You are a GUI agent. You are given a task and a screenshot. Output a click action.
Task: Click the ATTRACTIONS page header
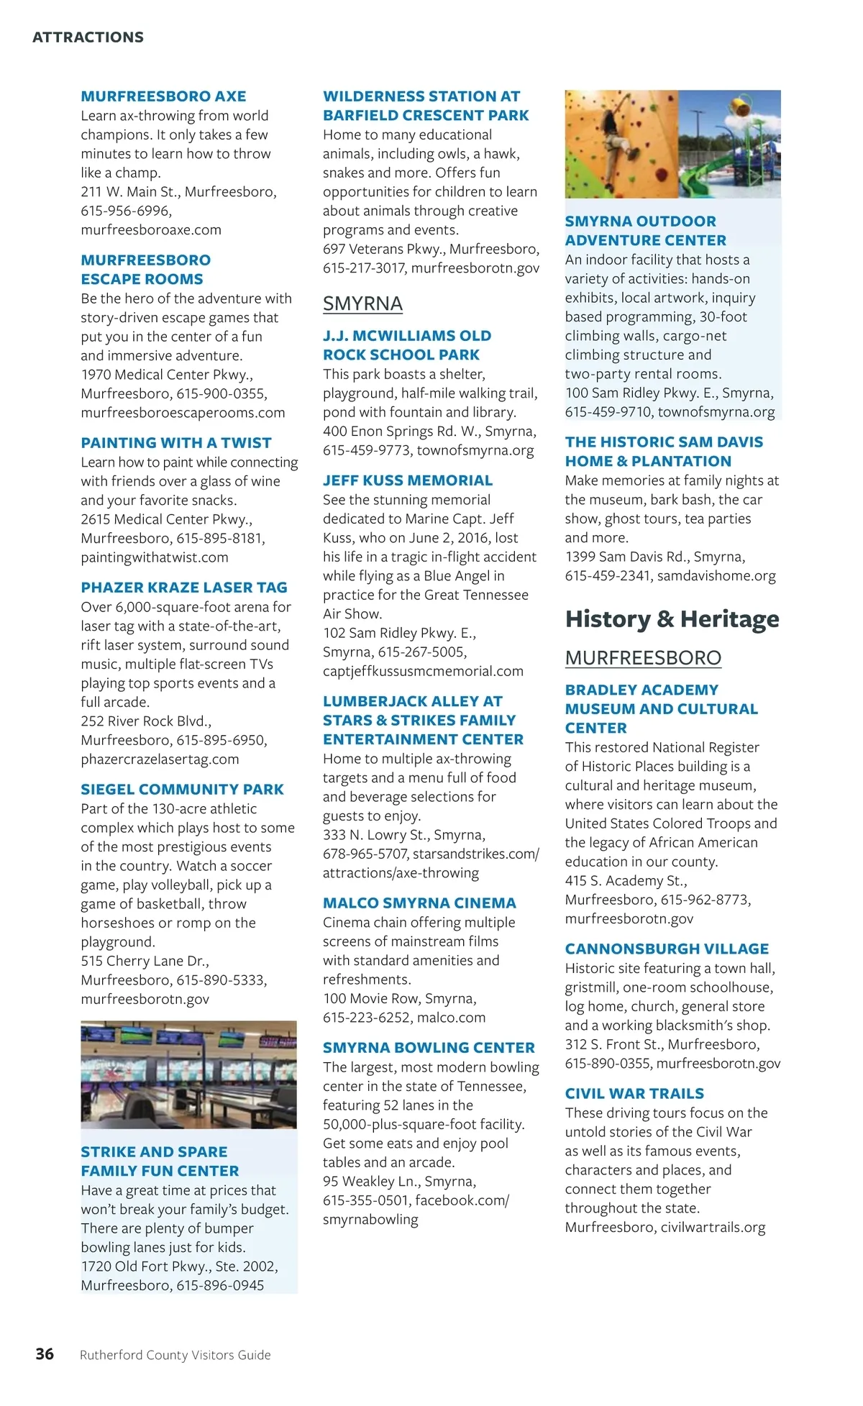tap(88, 37)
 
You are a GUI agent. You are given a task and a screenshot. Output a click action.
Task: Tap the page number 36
tap(45, 1353)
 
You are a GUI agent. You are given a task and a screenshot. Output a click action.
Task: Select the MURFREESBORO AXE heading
tap(163, 96)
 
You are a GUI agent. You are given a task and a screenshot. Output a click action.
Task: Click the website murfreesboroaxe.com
tap(151, 229)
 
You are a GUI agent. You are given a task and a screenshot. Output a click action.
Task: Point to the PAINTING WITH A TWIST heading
tap(176, 442)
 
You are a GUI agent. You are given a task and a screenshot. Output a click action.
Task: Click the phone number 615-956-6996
tap(126, 211)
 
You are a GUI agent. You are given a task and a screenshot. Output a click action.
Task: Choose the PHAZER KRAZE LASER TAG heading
tap(184, 587)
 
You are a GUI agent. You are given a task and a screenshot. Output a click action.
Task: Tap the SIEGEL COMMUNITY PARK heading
tap(182, 789)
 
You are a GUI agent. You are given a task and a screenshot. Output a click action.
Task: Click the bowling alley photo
tap(188, 1074)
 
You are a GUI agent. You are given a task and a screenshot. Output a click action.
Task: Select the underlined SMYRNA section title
tap(362, 303)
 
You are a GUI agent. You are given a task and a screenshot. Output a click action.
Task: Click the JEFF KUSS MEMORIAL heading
tap(408, 480)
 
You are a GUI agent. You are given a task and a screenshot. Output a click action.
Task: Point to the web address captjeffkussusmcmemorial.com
tap(423, 671)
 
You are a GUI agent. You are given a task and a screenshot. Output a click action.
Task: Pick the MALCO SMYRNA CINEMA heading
tap(419, 903)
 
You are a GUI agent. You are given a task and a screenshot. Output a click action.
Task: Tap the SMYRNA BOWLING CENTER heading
tap(429, 1047)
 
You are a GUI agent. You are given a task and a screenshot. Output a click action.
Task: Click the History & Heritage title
tap(672, 618)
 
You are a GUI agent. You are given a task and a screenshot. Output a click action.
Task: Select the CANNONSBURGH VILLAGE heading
tap(667, 949)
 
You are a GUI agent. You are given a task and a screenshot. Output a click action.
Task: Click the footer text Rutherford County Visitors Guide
tap(175, 1355)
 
